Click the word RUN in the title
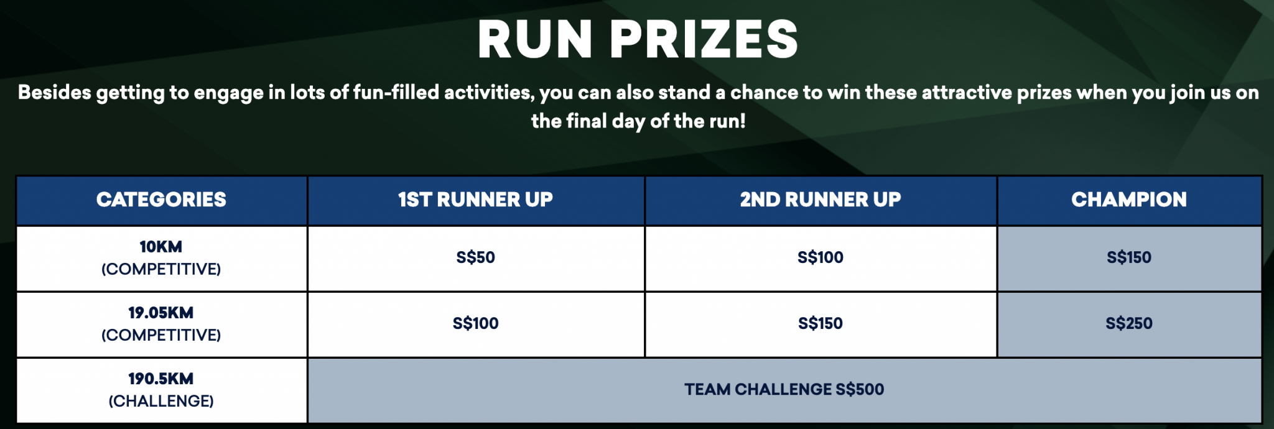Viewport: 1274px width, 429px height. tap(535, 39)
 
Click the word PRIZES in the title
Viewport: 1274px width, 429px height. tap(704, 39)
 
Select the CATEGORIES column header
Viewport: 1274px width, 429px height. tap(161, 200)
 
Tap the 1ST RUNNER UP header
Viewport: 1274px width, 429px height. tap(475, 200)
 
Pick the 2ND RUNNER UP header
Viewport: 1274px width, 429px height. tap(821, 200)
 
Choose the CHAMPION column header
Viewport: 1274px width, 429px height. tap(1129, 200)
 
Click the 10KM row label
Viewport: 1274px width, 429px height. tap(161, 247)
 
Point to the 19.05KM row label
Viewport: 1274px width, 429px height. tap(161, 313)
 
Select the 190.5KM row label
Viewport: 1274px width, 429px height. tap(161, 379)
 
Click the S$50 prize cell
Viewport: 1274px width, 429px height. tap(475, 257)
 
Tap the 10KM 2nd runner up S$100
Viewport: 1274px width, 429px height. tap(821, 257)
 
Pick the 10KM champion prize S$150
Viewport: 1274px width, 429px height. tap(1129, 257)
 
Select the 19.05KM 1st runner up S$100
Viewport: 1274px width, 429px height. tap(475, 323)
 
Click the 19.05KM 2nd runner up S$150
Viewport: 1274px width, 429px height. tap(821, 323)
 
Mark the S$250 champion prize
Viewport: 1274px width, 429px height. tap(1129, 323)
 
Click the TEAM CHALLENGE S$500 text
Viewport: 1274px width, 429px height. tap(784, 389)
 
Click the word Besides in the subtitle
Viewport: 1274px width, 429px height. tap(54, 93)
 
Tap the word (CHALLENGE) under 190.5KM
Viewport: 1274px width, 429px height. tap(161, 401)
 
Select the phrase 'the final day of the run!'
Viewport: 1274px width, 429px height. tap(638, 121)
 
